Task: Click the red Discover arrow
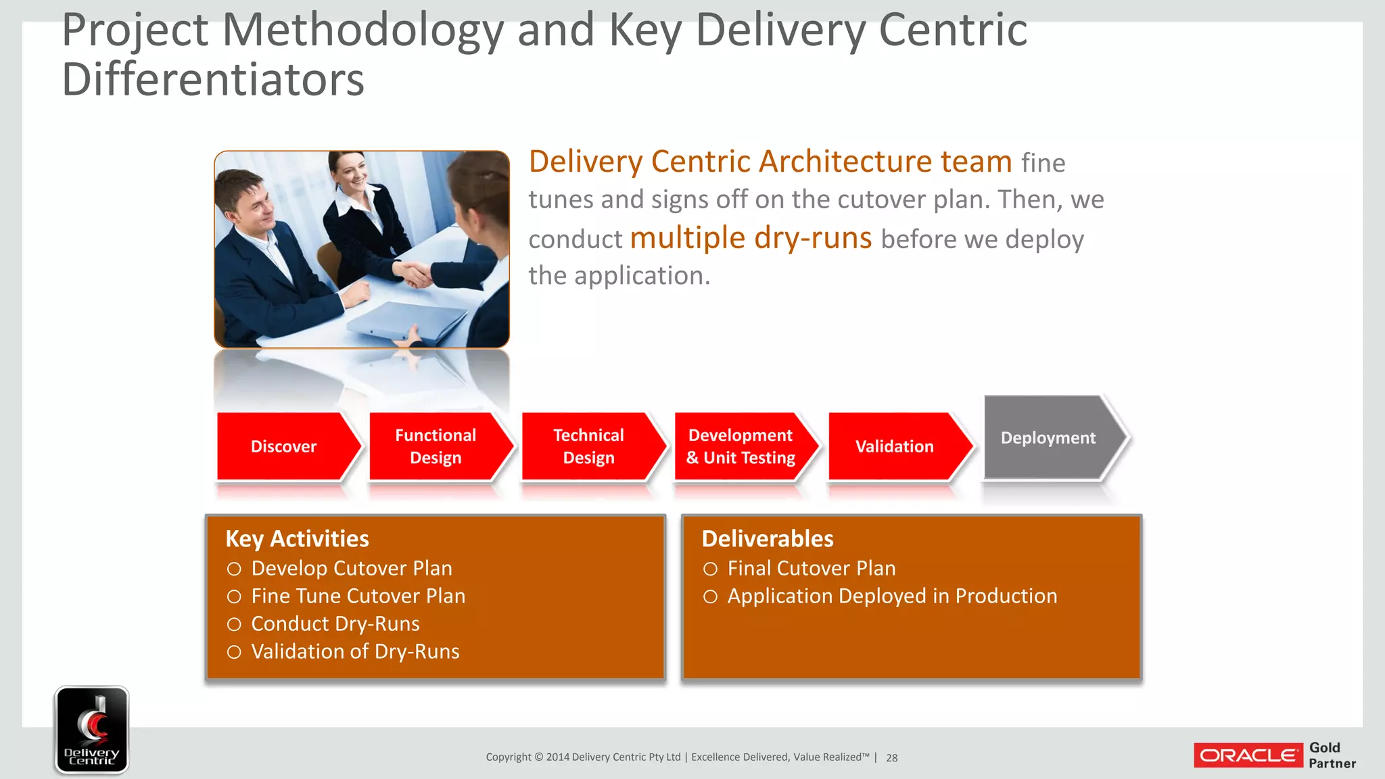(x=284, y=446)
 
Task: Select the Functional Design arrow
(x=436, y=446)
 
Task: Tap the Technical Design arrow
(x=589, y=446)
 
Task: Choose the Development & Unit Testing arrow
(x=741, y=446)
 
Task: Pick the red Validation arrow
(x=894, y=446)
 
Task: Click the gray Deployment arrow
(x=1048, y=438)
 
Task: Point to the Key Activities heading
(x=297, y=539)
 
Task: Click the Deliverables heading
(x=768, y=539)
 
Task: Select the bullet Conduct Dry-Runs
(x=335, y=623)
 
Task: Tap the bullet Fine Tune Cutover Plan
(x=358, y=596)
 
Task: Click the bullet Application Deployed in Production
(x=892, y=596)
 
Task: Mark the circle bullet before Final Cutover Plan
(x=710, y=569)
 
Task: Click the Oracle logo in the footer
(x=1248, y=755)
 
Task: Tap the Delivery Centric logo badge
(x=92, y=730)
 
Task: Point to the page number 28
(x=892, y=758)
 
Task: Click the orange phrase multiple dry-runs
(x=751, y=238)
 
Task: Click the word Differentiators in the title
(x=213, y=80)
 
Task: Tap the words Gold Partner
(x=1332, y=755)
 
